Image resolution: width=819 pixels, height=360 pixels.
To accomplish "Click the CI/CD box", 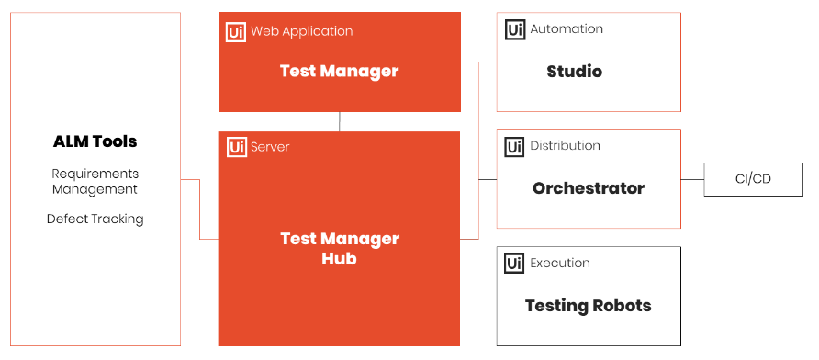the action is tap(753, 179).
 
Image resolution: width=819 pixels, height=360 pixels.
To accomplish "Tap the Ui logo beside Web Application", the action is tap(236, 32).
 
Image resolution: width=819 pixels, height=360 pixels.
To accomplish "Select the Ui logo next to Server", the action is tap(237, 147).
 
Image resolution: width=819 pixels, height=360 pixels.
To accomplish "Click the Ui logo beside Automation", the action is tap(515, 29).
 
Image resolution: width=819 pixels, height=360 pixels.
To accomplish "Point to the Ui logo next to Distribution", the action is tap(515, 146).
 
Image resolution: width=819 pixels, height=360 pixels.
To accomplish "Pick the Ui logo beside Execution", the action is tap(514, 264).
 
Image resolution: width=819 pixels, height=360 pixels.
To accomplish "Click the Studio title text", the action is tap(575, 71).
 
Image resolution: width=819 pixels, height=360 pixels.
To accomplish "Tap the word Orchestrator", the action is tap(589, 188).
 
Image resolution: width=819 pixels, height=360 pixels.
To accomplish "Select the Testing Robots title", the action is tap(589, 305).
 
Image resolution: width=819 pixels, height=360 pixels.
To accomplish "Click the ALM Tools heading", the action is tap(95, 141).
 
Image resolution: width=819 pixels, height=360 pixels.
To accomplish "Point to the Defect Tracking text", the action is tap(95, 219).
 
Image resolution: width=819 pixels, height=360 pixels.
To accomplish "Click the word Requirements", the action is tap(95, 174).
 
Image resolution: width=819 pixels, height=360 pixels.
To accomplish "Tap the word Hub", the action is tap(339, 258).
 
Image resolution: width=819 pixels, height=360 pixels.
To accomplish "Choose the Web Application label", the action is tap(302, 31).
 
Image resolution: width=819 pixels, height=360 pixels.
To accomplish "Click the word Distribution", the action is tap(566, 146).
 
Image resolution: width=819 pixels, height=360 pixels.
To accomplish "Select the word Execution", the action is tap(560, 263).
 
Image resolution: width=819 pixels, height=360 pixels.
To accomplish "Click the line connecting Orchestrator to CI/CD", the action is tap(692, 179).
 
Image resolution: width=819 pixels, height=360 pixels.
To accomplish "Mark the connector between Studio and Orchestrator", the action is tap(589, 120).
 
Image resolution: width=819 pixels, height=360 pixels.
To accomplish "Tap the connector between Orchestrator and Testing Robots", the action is tap(589, 237).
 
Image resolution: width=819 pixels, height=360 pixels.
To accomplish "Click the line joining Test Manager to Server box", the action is tap(340, 122).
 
